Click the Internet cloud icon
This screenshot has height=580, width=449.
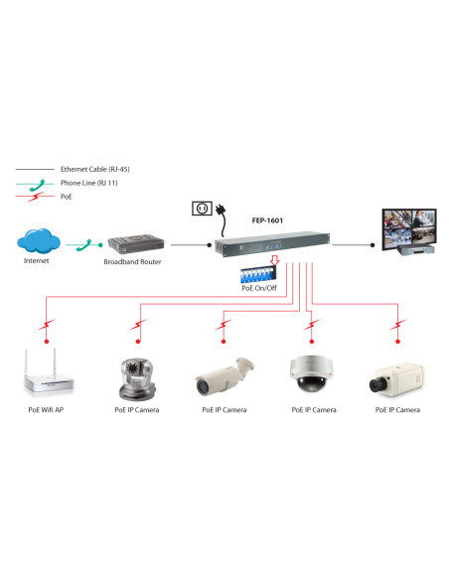(x=37, y=241)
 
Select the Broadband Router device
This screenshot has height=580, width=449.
(x=134, y=245)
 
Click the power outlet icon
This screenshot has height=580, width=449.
(x=202, y=211)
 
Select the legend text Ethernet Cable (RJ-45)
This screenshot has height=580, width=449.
(x=94, y=169)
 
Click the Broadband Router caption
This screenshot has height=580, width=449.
(x=134, y=263)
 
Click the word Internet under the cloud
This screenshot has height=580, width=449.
(x=36, y=262)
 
